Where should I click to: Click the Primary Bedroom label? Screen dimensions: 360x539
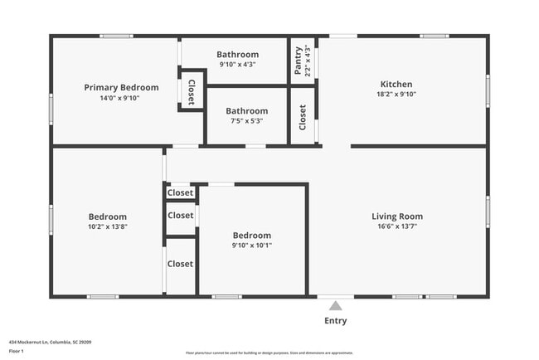coord(121,87)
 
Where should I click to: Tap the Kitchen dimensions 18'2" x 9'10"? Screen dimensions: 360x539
coord(396,95)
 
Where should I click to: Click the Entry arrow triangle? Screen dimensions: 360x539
coord(335,306)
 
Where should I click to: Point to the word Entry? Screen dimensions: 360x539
coord(335,321)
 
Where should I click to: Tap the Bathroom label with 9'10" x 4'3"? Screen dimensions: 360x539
coord(237,55)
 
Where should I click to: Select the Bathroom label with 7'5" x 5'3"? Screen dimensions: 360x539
coord(246,110)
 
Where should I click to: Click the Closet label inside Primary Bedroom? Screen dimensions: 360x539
coord(192,92)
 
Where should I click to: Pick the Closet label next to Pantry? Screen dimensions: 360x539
coord(303,118)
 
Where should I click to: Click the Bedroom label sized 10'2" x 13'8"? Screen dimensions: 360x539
coord(108,216)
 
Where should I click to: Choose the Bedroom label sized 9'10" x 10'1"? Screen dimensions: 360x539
coord(251,235)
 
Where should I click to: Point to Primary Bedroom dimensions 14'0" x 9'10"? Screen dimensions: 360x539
coord(121,97)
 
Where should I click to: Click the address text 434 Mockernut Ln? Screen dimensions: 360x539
coord(50,341)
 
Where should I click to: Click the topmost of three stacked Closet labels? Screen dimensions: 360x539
coord(180,192)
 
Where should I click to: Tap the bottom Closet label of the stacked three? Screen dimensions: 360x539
coord(180,264)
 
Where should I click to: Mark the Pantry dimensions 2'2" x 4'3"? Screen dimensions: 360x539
coord(308,61)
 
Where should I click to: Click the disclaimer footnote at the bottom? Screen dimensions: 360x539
coord(269,353)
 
